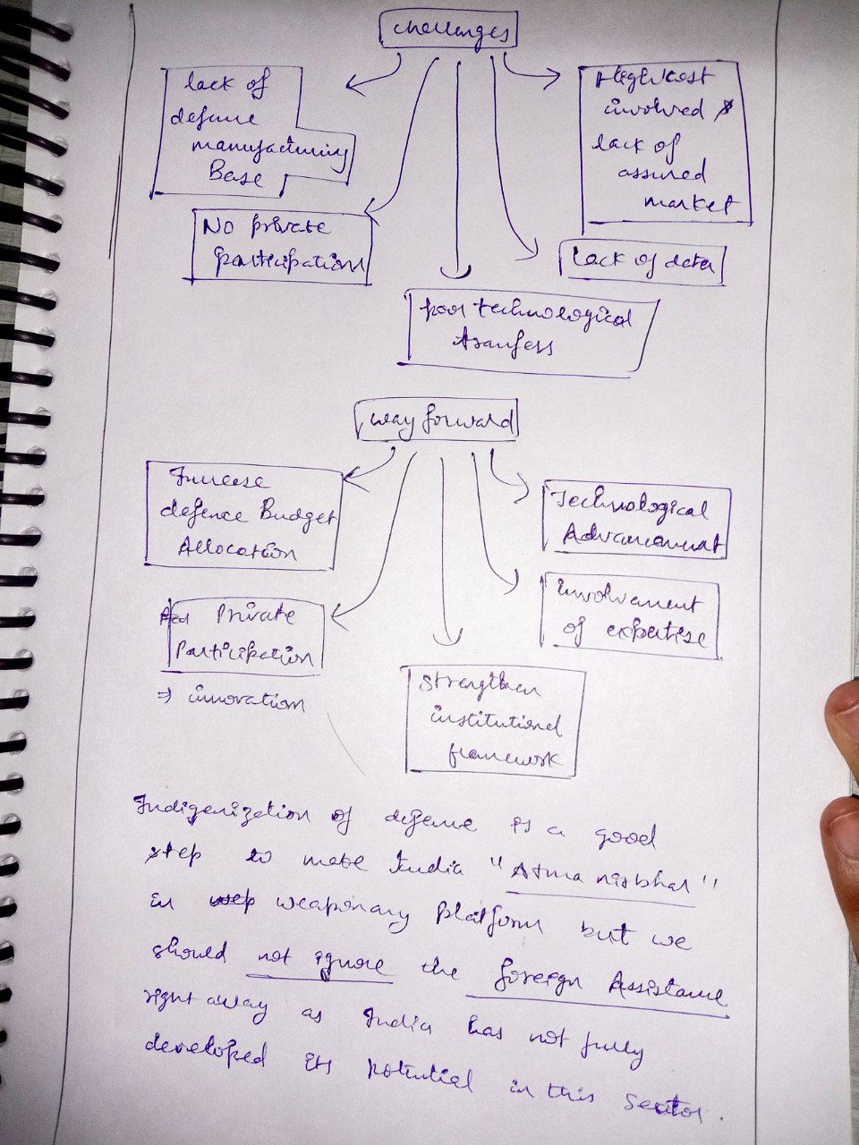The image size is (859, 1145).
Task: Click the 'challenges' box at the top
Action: pyautogui.click(x=448, y=32)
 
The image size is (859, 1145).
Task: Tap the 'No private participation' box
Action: pyautogui.click(x=281, y=247)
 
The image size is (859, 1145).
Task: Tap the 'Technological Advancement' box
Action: pyautogui.click(x=635, y=522)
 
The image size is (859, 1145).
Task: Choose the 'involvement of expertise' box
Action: pyautogui.click(x=631, y=615)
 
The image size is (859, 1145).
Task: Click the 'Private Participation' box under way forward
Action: pyautogui.click(x=242, y=636)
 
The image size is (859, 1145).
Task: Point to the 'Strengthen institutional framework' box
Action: pyautogui.click(x=494, y=721)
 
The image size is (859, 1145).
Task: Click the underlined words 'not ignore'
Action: pyautogui.click(x=318, y=964)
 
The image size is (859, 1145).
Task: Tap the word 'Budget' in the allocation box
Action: pyautogui.click(x=296, y=515)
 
